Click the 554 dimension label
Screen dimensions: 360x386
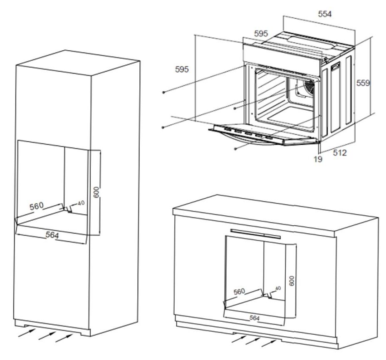(x=325, y=14)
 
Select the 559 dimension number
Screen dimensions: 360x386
(x=363, y=83)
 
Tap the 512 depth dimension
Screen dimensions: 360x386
(x=340, y=153)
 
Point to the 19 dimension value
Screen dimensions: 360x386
(x=318, y=159)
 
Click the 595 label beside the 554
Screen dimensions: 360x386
(x=261, y=34)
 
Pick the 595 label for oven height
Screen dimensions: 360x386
(x=182, y=69)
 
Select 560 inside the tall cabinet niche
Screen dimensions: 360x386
(x=37, y=206)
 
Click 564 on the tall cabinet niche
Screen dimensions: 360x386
(x=52, y=235)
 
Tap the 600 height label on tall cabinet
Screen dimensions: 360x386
(x=96, y=192)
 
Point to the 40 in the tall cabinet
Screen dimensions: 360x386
(x=81, y=203)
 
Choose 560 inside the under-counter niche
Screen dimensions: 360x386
(x=239, y=292)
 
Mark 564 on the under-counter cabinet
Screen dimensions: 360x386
(x=255, y=318)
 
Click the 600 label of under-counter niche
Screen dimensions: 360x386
(x=292, y=281)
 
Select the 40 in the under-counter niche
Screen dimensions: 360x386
(x=278, y=288)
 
